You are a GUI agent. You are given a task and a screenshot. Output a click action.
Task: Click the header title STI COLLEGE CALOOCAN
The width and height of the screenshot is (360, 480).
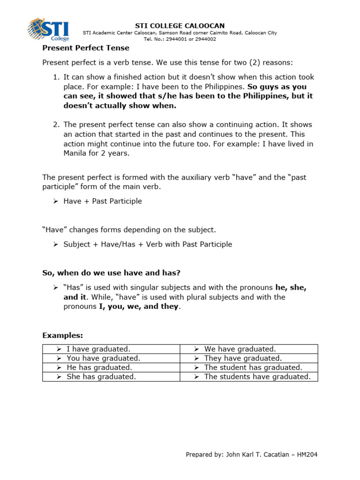pos(180,25)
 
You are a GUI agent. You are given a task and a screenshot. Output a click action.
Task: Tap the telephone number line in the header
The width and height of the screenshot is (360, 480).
pos(180,39)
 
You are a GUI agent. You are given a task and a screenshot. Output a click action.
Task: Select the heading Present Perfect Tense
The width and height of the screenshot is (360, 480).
pos(86,48)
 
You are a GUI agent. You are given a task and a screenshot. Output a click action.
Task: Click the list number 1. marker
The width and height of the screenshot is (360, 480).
pos(56,77)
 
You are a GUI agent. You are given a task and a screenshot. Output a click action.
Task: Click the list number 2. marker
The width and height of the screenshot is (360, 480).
pos(56,125)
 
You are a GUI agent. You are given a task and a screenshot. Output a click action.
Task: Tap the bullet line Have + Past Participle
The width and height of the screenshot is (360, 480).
pos(103,201)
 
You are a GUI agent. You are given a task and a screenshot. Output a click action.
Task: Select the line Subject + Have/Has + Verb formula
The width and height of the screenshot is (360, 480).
pos(148,244)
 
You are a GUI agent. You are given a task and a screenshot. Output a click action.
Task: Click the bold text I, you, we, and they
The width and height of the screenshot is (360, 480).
pos(139,307)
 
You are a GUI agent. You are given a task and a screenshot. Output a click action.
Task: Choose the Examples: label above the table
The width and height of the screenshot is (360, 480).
pos(62,335)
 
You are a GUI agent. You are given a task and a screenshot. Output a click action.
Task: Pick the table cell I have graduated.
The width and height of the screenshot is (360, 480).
pos(98,349)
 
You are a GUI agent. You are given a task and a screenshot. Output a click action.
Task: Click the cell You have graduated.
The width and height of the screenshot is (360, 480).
pos(104,358)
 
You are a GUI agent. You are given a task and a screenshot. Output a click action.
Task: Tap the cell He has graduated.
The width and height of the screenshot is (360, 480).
pos(99,367)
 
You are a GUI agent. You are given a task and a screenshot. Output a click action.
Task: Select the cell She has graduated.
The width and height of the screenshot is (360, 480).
pos(101,377)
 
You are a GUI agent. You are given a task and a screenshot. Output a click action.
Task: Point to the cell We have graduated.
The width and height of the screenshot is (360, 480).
pos(240,349)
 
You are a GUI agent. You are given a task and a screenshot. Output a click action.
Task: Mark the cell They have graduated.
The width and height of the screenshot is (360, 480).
pos(243,358)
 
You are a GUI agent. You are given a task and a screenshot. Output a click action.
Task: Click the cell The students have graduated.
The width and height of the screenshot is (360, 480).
pos(257,377)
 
